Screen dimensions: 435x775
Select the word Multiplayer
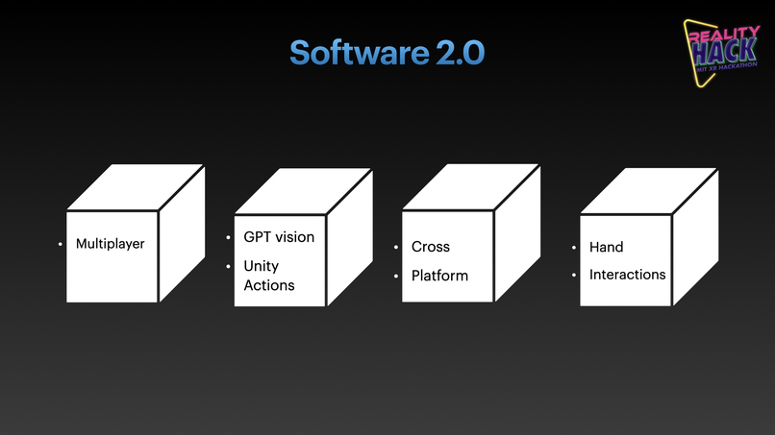point(111,244)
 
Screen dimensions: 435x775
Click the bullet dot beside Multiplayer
point(61,245)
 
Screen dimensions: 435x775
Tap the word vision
point(296,237)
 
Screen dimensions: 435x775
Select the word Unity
point(261,266)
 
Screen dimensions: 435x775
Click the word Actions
point(269,285)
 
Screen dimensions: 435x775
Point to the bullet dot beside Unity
point(229,267)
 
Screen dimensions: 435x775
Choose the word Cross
point(431,247)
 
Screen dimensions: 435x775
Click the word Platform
point(439,276)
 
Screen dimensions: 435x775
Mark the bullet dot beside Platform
point(396,277)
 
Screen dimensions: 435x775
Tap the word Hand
point(607,247)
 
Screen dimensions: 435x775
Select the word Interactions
point(627,275)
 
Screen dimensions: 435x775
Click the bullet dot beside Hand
point(575,248)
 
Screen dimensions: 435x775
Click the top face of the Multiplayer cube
point(136,186)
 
